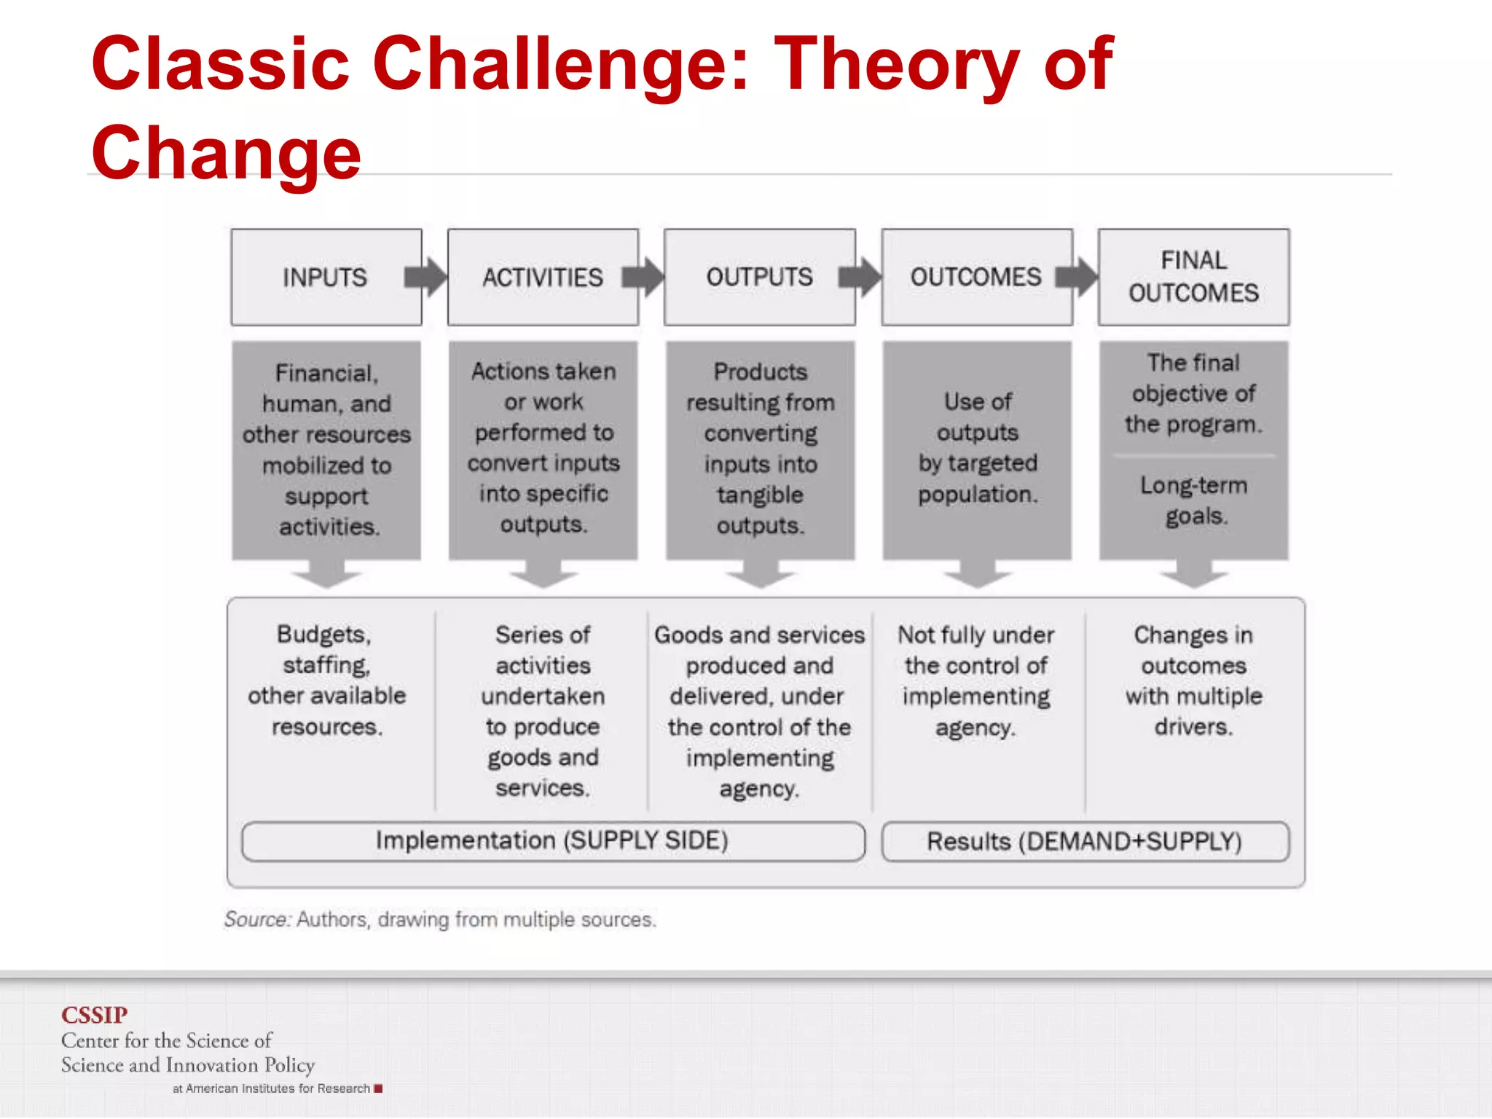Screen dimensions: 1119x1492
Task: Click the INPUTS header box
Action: point(326,278)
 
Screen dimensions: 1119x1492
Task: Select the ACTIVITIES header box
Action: point(543,278)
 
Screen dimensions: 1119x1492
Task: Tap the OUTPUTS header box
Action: point(759,278)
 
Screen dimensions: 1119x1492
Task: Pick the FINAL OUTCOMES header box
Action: point(1193,278)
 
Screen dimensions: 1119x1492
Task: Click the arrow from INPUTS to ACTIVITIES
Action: point(427,278)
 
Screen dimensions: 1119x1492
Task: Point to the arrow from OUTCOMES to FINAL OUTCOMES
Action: point(1077,278)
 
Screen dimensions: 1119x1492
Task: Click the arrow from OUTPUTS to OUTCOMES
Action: point(860,278)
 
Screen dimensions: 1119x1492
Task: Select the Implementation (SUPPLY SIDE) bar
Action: point(552,841)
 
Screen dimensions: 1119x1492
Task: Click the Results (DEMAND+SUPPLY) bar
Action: point(1085,842)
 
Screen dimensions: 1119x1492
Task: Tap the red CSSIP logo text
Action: point(94,1015)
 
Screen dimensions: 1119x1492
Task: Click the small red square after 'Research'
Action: point(378,1088)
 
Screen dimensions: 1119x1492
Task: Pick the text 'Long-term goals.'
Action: point(1193,500)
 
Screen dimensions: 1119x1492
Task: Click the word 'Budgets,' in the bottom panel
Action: point(324,635)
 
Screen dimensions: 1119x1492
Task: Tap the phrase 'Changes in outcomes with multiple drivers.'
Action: point(1193,680)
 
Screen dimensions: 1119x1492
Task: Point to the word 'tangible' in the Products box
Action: point(760,495)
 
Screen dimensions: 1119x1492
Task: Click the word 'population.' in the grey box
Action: point(978,495)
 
